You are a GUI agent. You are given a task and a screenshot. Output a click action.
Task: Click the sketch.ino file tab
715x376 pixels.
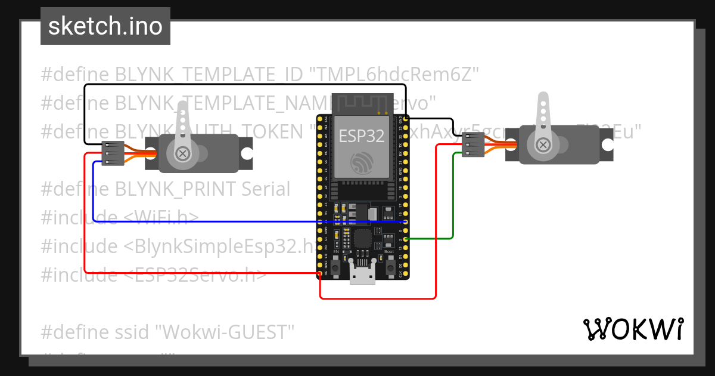click(x=105, y=26)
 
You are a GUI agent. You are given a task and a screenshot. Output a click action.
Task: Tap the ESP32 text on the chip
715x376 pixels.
click(x=362, y=135)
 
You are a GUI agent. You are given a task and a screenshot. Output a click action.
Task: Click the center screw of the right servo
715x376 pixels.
click(x=542, y=145)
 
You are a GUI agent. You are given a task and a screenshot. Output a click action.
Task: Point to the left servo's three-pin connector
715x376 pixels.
click(x=112, y=153)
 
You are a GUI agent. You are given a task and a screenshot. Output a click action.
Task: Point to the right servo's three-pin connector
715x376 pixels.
click(x=472, y=145)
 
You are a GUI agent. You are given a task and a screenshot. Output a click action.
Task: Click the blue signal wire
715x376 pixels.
click(x=238, y=221)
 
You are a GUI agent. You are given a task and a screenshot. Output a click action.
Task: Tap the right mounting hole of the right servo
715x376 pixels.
click(x=607, y=145)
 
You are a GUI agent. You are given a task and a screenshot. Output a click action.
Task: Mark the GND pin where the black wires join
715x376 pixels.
click(x=406, y=120)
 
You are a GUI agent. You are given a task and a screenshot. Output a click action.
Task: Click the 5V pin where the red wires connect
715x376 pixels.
click(x=320, y=275)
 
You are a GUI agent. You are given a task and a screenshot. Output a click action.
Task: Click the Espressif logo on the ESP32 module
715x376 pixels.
click(x=362, y=163)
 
